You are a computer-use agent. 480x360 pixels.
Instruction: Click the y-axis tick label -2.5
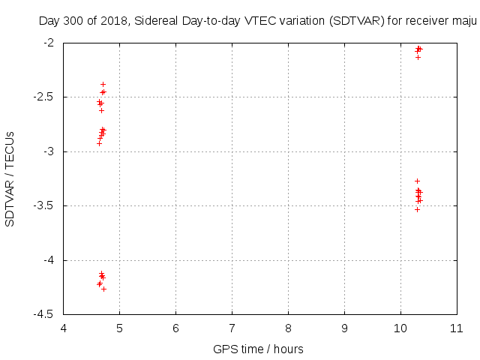pyautogui.click(x=47, y=97)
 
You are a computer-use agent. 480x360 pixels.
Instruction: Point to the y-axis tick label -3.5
pyautogui.click(x=47, y=206)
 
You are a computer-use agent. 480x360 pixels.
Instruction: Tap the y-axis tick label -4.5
pyautogui.click(x=47, y=315)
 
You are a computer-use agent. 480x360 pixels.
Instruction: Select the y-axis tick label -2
pyautogui.click(x=52, y=43)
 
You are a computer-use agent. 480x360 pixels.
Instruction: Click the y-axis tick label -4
pyautogui.click(x=52, y=260)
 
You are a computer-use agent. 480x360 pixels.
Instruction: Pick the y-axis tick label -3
pyautogui.click(x=52, y=151)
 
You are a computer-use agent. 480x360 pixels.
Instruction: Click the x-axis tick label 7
pyautogui.click(x=232, y=328)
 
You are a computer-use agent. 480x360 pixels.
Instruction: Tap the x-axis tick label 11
pyautogui.click(x=457, y=328)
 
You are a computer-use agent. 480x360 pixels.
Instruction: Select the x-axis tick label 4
pyautogui.click(x=63, y=328)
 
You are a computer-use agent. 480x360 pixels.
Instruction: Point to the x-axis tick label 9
pyautogui.click(x=344, y=328)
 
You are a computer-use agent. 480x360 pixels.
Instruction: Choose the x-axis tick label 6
pyautogui.click(x=175, y=328)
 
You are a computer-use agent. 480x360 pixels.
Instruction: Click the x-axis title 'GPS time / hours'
pyautogui.click(x=258, y=349)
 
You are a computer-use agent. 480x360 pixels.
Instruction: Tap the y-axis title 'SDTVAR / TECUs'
pyautogui.click(x=10, y=178)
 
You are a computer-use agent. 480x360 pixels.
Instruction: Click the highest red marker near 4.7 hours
pyautogui.click(x=103, y=85)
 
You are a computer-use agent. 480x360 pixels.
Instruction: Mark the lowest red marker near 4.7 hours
pyautogui.click(x=103, y=289)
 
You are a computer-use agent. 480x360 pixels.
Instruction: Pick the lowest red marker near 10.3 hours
pyautogui.click(x=417, y=209)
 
